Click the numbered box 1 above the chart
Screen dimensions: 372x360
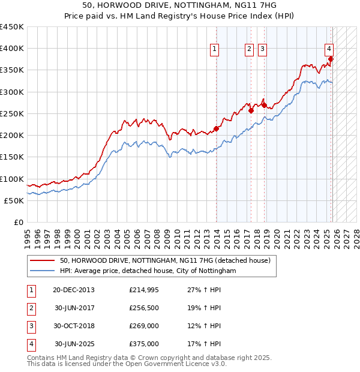[214, 50]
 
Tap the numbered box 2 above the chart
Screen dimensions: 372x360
[249, 50]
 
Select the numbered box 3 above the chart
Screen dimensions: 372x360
[263, 50]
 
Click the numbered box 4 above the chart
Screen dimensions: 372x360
[329, 50]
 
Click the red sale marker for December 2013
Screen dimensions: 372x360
[216, 128]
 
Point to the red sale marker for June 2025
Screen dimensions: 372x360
[331, 59]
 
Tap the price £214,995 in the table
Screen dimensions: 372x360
[144, 290]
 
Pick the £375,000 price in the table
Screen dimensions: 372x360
[144, 344]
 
